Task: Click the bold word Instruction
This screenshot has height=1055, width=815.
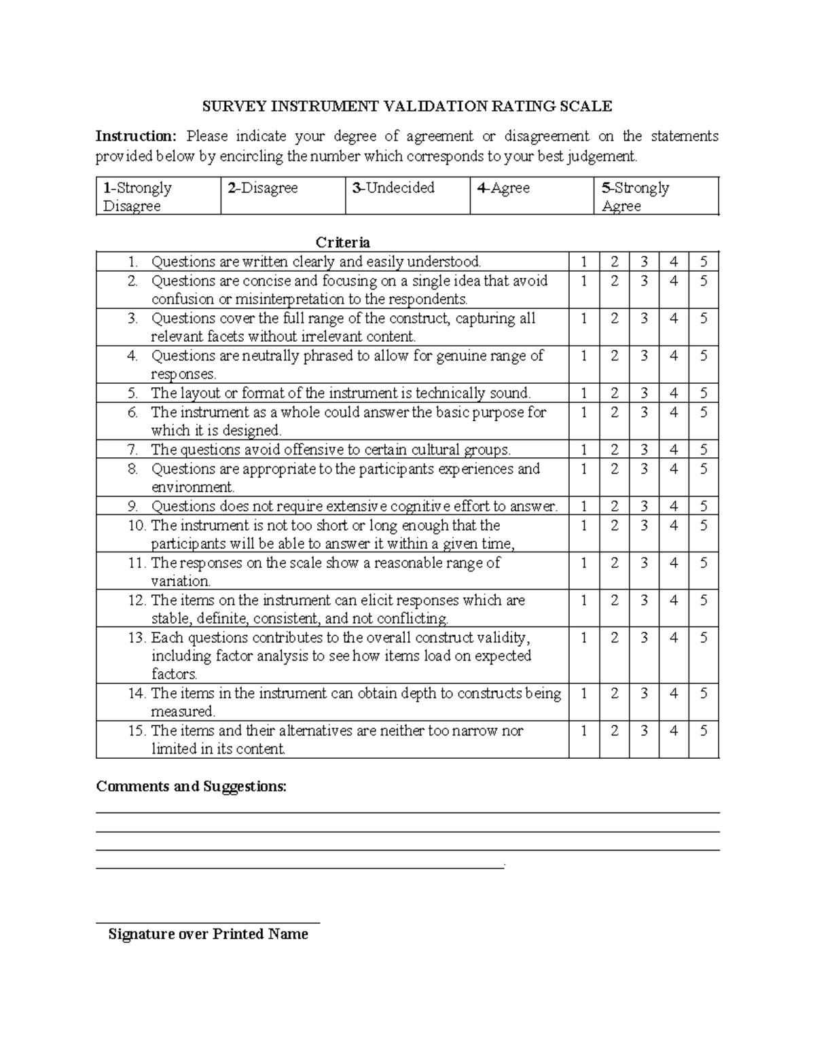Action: coord(135,137)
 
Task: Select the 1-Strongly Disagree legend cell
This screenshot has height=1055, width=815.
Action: coord(158,196)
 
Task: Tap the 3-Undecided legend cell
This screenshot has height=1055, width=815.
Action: coord(407,196)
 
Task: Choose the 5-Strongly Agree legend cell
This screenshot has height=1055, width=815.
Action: coord(655,196)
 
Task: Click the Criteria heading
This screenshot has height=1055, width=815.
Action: coord(342,243)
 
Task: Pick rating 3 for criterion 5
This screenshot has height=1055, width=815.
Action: coord(644,393)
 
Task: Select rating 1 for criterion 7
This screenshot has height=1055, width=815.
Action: coord(584,450)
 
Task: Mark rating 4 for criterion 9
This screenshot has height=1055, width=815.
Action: coord(674,506)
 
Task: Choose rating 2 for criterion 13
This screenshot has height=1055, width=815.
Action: coord(614,638)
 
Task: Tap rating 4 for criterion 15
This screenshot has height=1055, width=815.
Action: coord(674,731)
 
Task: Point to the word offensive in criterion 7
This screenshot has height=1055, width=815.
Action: coord(312,450)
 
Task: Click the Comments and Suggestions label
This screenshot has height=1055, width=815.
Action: coord(192,787)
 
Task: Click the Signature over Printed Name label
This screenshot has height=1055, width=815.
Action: coord(208,934)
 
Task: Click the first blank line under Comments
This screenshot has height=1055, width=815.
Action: coord(407,812)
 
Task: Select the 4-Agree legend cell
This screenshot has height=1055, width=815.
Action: coord(531,196)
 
